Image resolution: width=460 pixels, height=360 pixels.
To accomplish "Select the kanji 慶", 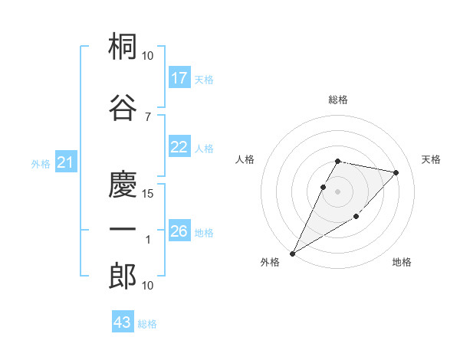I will click(x=123, y=184).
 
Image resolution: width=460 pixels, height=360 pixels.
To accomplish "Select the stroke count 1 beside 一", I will click(x=147, y=240).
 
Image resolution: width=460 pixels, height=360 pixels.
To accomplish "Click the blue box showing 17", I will click(x=179, y=78).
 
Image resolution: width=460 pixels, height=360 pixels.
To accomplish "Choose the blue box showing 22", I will click(x=179, y=148).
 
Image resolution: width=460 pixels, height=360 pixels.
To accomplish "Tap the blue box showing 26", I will click(x=179, y=231).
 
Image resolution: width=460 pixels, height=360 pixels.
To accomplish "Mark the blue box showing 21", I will click(x=65, y=162).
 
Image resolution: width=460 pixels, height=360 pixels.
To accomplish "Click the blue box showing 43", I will click(x=122, y=322).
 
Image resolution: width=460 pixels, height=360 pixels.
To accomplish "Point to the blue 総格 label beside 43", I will click(x=147, y=324).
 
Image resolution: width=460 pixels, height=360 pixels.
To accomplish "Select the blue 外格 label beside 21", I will click(x=41, y=163).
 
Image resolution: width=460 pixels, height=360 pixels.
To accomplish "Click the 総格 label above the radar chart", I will click(x=338, y=100).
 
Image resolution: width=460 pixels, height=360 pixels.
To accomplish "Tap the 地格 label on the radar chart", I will click(x=402, y=263).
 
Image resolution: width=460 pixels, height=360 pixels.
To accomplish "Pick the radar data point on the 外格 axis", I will click(x=292, y=254).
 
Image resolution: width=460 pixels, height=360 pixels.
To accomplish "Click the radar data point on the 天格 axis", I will click(x=396, y=173).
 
